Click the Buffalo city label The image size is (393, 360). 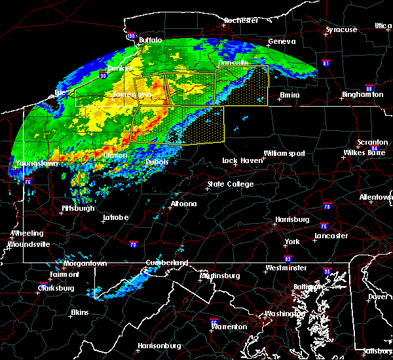(150, 40)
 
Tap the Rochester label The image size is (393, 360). (241, 20)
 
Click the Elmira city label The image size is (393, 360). (289, 95)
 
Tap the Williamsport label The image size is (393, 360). (284, 153)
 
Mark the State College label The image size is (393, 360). (231, 185)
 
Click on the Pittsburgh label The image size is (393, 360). (78, 208)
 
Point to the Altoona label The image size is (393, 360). (183, 204)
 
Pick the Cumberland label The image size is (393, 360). (166, 263)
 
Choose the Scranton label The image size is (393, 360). (372, 143)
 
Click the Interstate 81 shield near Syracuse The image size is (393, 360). (327, 63)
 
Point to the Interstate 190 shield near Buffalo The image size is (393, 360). (131, 36)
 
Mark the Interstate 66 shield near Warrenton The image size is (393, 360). (214, 321)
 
